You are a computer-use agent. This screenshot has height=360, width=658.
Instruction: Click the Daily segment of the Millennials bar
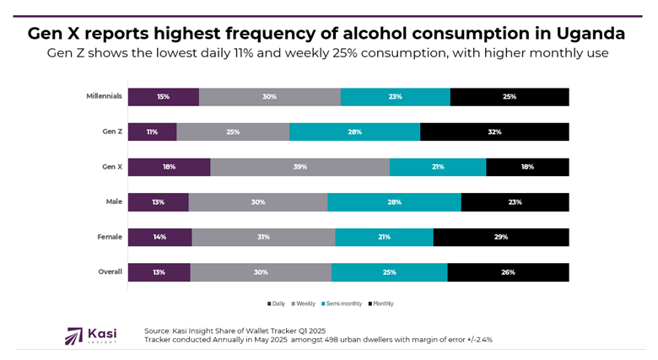(x=163, y=97)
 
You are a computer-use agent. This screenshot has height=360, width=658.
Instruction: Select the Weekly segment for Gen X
(x=299, y=167)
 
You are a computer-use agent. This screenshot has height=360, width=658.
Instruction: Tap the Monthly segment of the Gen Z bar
(x=494, y=132)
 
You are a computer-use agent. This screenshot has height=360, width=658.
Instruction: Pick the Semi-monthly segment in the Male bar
(x=394, y=202)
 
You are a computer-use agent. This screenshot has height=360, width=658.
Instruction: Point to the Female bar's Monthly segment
(x=500, y=237)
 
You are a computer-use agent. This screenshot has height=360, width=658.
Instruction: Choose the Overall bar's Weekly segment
(x=261, y=272)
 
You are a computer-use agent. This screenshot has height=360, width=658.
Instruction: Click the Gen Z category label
(x=111, y=132)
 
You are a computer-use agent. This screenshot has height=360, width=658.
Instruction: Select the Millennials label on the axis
(x=105, y=96)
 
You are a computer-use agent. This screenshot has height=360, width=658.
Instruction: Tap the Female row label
(x=110, y=237)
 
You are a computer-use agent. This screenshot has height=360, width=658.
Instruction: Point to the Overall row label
(x=110, y=271)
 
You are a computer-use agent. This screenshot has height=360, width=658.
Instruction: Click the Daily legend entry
(x=277, y=304)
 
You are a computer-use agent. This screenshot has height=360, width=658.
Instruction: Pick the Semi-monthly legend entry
(x=340, y=304)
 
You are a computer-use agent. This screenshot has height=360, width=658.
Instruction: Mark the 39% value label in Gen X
(x=299, y=167)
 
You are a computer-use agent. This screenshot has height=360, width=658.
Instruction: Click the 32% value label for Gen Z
(x=494, y=132)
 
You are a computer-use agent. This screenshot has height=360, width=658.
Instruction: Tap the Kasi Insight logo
(x=90, y=335)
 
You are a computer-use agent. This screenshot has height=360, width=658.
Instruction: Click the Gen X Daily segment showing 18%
(x=169, y=167)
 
